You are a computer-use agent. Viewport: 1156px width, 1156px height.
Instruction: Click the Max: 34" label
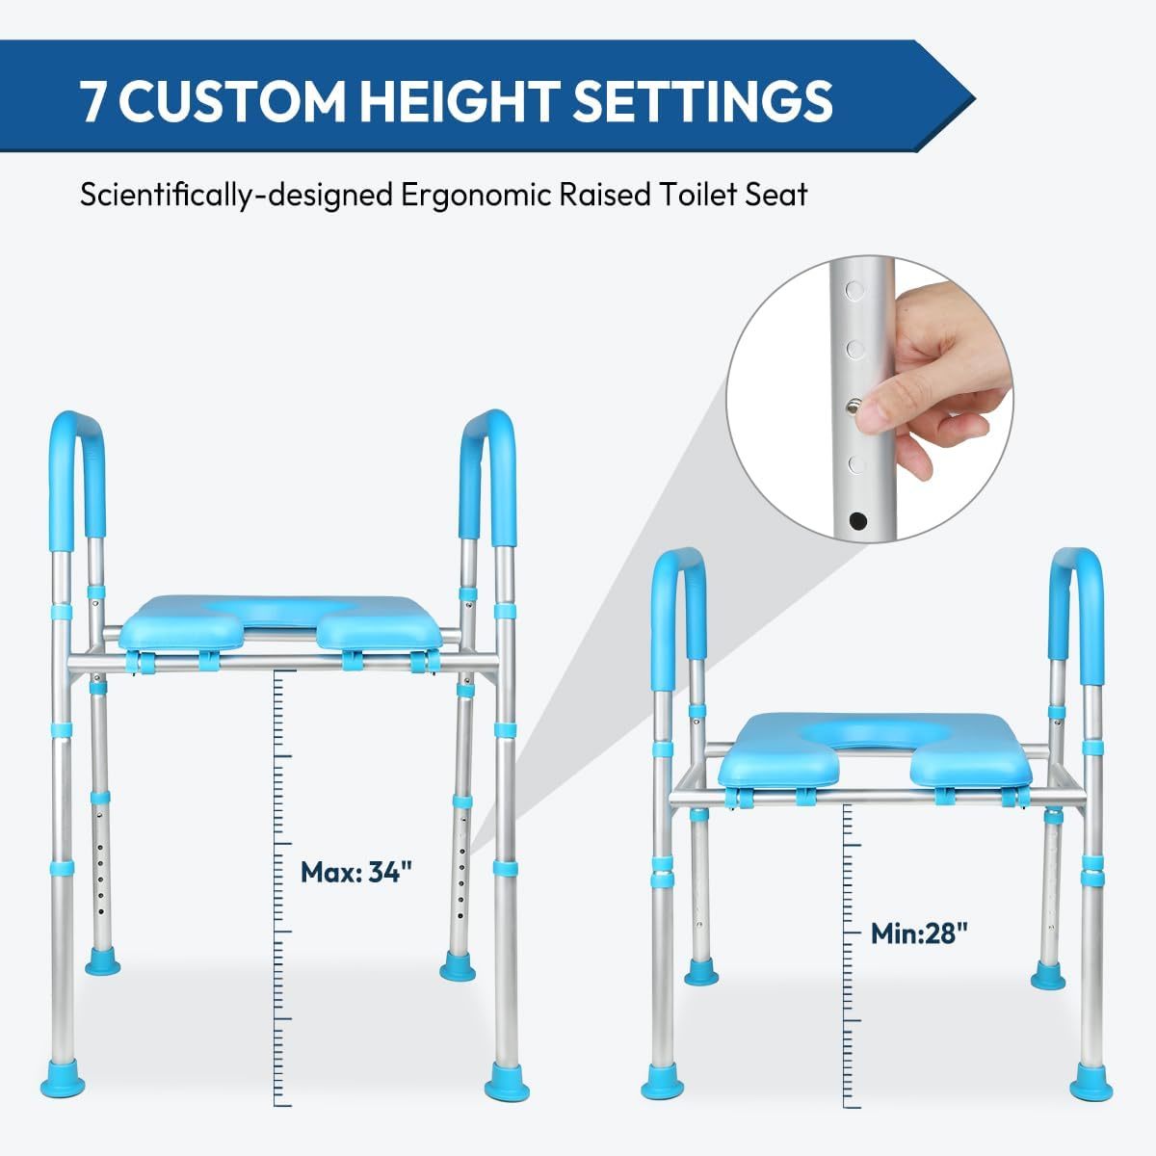[356, 872]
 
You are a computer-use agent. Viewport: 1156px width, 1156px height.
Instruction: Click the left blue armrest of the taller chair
[77, 472]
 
